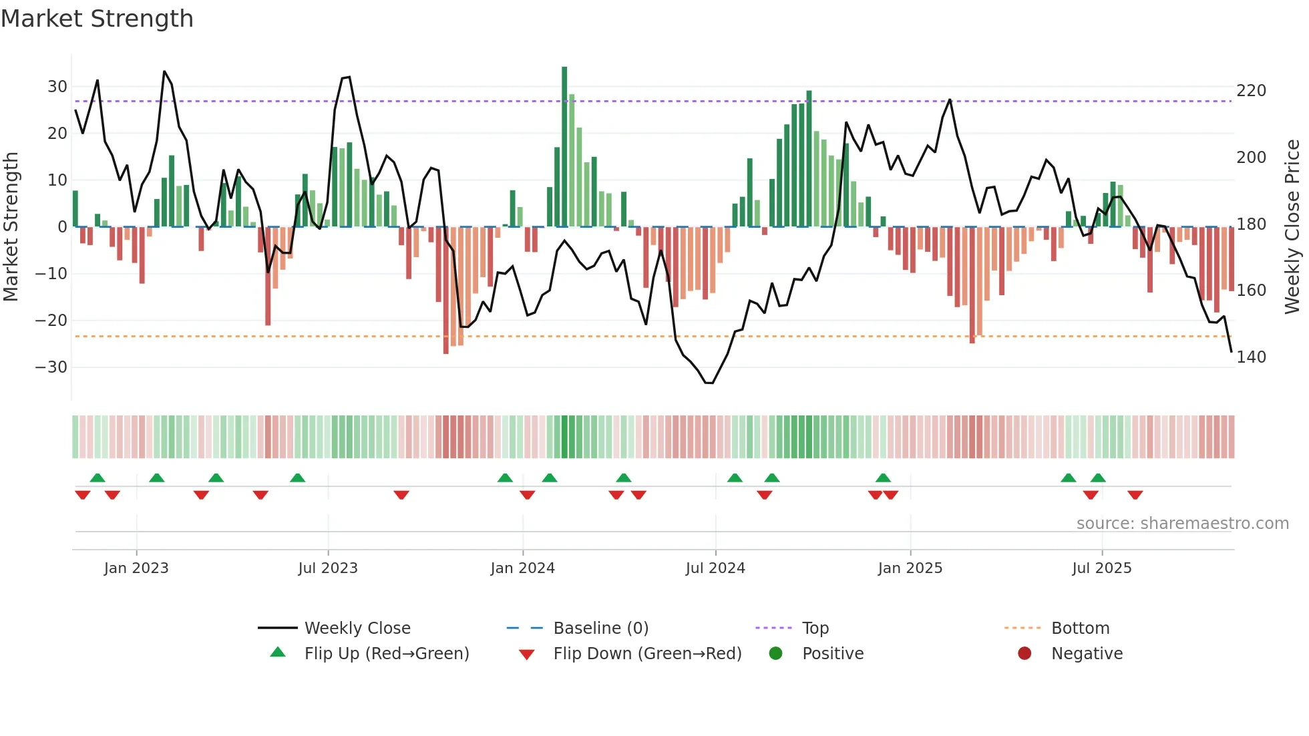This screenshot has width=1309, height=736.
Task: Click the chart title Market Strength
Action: click(x=97, y=19)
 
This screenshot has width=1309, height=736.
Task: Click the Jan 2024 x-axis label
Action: click(x=522, y=568)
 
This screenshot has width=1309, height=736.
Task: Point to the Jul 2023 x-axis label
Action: click(x=328, y=568)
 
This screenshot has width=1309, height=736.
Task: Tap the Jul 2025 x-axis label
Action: click(x=1101, y=568)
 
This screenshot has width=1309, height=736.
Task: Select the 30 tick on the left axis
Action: click(x=57, y=87)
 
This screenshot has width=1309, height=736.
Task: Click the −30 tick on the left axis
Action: click(x=52, y=367)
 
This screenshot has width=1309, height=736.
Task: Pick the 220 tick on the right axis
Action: click(x=1251, y=91)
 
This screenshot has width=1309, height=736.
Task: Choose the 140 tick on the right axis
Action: click(x=1251, y=357)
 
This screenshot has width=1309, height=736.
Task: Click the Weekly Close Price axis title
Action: click(x=1292, y=227)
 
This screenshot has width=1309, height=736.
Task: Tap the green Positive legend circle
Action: click(x=775, y=654)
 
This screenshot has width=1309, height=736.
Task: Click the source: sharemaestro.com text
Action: click(x=1182, y=524)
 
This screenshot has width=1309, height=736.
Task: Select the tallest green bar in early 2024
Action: click(x=564, y=147)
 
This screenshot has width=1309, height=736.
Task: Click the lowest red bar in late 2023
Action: click(x=446, y=291)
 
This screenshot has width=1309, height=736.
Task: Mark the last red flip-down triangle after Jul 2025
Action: click(x=1135, y=495)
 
